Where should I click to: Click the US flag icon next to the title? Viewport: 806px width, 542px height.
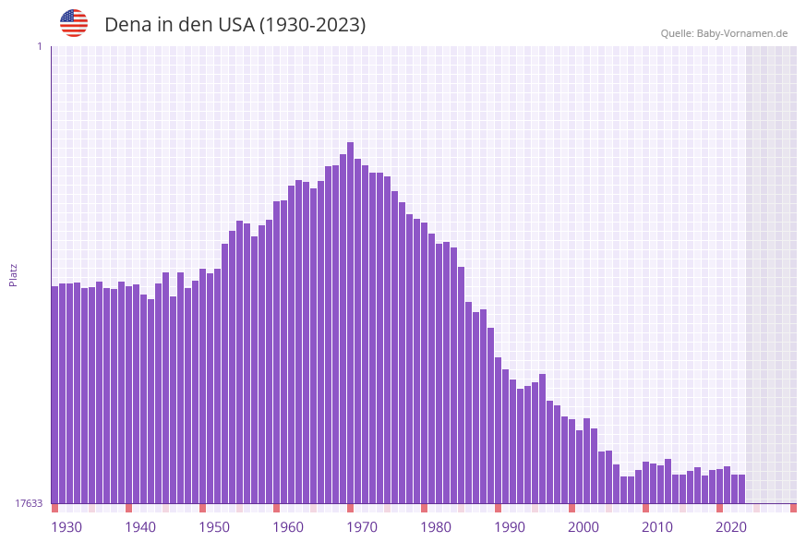pyautogui.click(x=74, y=23)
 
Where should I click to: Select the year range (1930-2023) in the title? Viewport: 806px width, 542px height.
pyautogui.click(x=312, y=25)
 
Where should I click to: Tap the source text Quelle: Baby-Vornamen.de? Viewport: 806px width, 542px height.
pyautogui.click(x=724, y=33)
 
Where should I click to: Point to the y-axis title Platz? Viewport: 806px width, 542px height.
pyautogui.click(x=13, y=274)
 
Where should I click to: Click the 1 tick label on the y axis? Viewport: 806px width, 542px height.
pyautogui.click(x=39, y=46)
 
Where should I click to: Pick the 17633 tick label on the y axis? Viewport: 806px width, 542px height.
pyautogui.click(x=29, y=503)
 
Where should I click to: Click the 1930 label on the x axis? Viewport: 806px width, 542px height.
pyautogui.click(x=66, y=527)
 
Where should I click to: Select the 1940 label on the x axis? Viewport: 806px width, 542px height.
pyautogui.click(x=140, y=527)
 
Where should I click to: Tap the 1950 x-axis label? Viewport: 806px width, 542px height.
pyautogui.click(x=214, y=527)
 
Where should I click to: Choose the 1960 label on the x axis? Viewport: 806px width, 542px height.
pyautogui.click(x=288, y=527)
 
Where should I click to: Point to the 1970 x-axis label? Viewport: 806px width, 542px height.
pyautogui.click(x=362, y=527)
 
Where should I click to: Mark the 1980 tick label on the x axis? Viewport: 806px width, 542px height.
pyautogui.click(x=436, y=527)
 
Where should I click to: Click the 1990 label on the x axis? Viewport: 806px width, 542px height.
pyautogui.click(x=510, y=527)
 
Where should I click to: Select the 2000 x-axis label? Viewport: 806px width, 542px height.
pyautogui.click(x=583, y=527)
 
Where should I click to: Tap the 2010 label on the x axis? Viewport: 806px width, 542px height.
pyautogui.click(x=657, y=527)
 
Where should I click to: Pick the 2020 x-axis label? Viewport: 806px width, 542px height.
pyautogui.click(x=731, y=527)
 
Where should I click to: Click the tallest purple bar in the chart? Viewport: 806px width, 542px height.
pyautogui.click(x=351, y=323)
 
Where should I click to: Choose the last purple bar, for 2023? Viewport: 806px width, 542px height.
pyautogui.click(x=742, y=488)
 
